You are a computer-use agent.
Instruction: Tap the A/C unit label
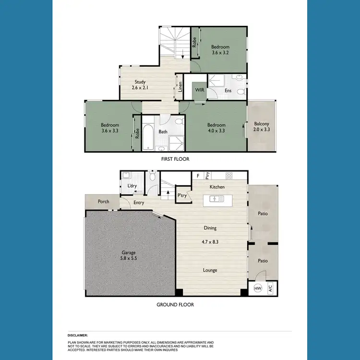click(270, 289)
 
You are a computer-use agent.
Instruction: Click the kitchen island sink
click(215, 199)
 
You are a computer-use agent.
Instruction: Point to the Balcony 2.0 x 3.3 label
click(262, 127)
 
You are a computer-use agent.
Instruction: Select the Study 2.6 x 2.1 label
click(140, 85)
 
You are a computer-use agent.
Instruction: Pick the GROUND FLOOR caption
click(175, 304)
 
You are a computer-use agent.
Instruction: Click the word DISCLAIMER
click(78, 335)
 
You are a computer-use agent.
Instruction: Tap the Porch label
click(103, 202)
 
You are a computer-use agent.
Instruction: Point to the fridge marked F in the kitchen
click(197, 176)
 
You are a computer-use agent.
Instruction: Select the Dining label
click(210, 228)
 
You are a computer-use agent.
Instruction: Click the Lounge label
click(210, 270)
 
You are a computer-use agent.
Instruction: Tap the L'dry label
click(132, 186)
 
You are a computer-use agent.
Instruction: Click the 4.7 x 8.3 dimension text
click(210, 241)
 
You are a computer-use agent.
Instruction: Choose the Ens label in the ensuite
click(228, 90)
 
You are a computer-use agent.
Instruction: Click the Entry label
click(139, 203)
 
